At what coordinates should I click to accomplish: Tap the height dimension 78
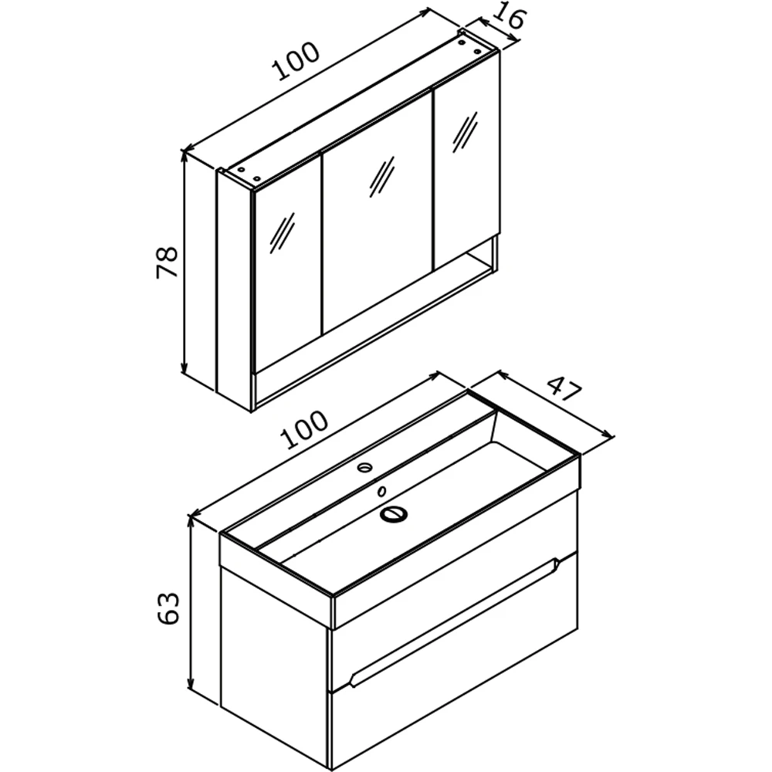pyautogui.click(x=167, y=262)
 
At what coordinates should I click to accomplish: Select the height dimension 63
pyautogui.click(x=168, y=608)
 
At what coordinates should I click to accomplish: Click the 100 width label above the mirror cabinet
pyautogui.click(x=297, y=61)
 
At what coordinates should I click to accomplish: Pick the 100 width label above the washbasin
pyautogui.click(x=303, y=428)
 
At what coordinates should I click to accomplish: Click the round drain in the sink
pyautogui.click(x=393, y=514)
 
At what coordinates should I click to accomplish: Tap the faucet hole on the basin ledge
pyautogui.click(x=365, y=467)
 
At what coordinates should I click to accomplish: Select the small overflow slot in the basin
pyautogui.click(x=381, y=491)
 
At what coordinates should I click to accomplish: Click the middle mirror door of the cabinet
pyautogui.click(x=378, y=212)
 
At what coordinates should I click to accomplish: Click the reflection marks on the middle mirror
pyautogui.click(x=382, y=178)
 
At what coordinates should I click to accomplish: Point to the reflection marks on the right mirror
pyautogui.click(x=466, y=132)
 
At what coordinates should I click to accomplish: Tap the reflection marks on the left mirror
pyautogui.click(x=282, y=234)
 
